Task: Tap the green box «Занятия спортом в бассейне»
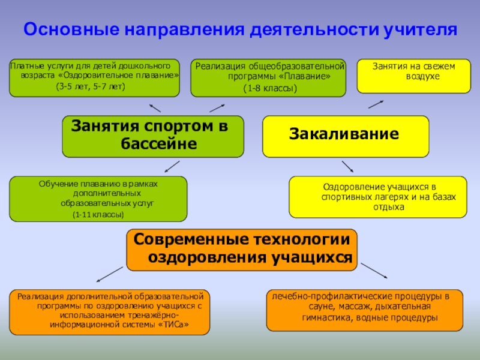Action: coord(153,136)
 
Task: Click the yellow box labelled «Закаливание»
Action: coord(346,136)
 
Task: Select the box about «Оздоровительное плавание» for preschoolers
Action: coord(94,78)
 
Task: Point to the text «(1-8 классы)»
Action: coord(270,88)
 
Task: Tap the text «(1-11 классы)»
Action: coord(98,214)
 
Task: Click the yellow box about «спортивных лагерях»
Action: coord(377,197)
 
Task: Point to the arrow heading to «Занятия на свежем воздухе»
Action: coord(376,104)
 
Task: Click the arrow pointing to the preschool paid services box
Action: coord(155,107)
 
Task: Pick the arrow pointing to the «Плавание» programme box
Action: coord(217,107)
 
